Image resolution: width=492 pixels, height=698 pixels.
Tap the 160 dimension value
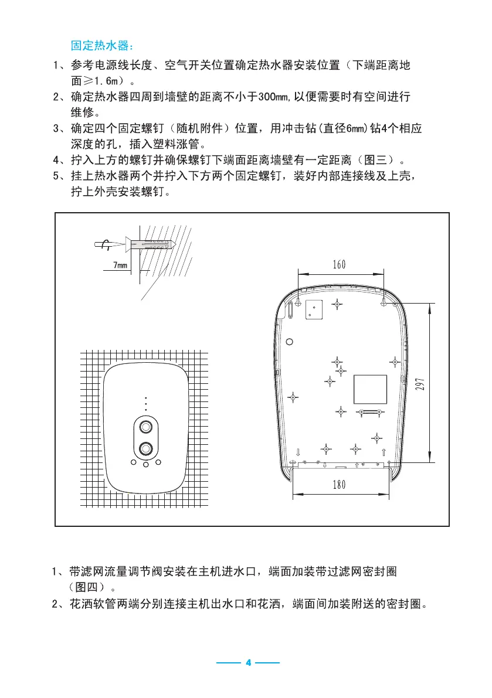(x=340, y=264)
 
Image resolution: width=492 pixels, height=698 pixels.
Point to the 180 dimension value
(x=340, y=485)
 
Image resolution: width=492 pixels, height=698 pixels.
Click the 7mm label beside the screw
(x=120, y=266)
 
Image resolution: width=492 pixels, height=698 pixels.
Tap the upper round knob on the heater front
(x=145, y=426)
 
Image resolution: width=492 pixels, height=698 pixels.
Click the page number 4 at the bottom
(x=248, y=663)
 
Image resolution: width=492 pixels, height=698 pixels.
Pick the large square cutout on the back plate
(x=370, y=389)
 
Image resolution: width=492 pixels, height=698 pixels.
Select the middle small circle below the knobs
(x=145, y=465)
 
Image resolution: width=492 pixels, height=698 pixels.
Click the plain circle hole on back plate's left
(x=289, y=342)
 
